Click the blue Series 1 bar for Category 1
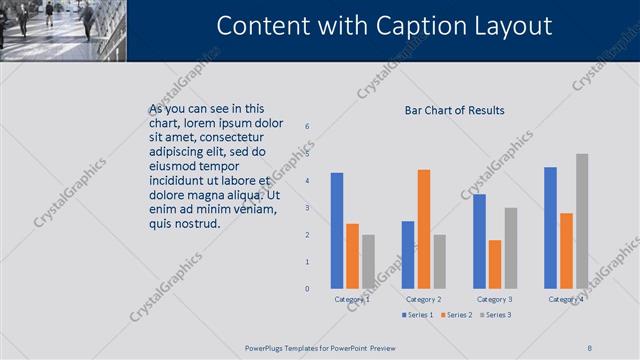tap(337, 231)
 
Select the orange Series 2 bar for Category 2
tap(424, 229)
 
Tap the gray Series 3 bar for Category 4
tap(582, 221)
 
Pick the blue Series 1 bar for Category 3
tap(479, 241)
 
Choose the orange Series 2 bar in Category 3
tap(495, 264)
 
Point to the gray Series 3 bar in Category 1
tap(368, 261)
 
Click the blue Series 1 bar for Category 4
tap(550, 228)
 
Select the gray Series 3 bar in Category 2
tap(439, 261)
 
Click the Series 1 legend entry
tap(419, 315)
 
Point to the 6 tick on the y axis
tap(307, 126)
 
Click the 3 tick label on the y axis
tap(307, 207)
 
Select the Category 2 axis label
tap(424, 299)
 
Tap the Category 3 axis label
tap(495, 299)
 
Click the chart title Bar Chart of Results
tap(454, 110)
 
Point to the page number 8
tap(590, 347)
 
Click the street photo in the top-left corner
tap(63, 30)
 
